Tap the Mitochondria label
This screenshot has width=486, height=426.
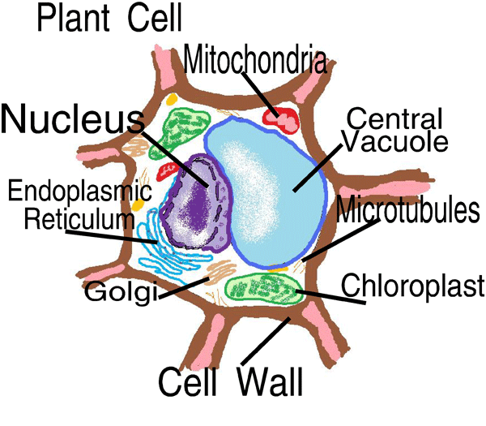254,59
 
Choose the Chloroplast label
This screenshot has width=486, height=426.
412,286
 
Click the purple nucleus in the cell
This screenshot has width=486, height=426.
194,207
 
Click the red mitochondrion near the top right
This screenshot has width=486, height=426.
281,119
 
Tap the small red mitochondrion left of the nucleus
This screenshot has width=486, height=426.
168,170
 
